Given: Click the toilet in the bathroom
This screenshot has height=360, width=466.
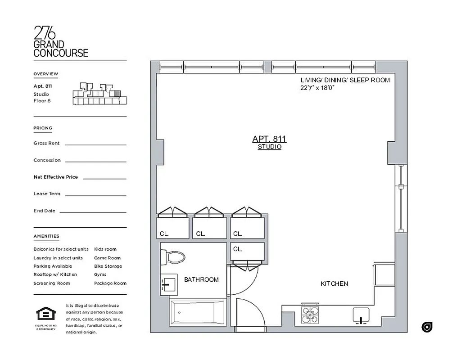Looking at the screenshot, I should [174, 257].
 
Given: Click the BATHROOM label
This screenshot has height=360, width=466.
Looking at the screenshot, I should [201, 279].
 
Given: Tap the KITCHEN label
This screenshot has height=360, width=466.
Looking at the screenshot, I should [334, 284].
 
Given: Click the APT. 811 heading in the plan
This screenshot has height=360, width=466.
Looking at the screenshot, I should [269, 139].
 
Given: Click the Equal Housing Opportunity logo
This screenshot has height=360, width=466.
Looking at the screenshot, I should [45, 315].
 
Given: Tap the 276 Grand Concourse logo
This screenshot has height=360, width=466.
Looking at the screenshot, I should [61, 41].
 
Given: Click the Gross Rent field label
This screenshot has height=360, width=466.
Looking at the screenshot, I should [46, 143].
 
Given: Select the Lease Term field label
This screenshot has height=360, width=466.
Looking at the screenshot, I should [47, 194].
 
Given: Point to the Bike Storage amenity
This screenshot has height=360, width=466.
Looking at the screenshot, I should [108, 266].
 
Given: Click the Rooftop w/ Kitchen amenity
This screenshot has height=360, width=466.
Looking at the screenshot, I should [55, 274].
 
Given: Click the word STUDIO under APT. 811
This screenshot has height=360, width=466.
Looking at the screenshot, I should [269, 147].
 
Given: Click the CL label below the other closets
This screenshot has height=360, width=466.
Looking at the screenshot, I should [237, 249].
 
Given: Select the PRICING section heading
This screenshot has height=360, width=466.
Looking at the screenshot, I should [43, 128].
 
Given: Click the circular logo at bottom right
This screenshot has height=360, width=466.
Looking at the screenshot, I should [427, 327].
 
